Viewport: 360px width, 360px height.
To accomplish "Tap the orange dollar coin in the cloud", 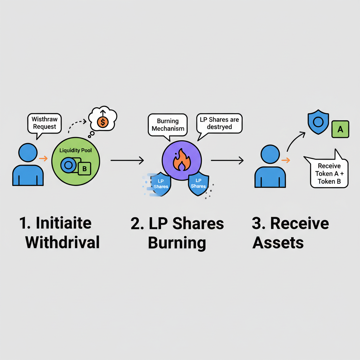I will click(102, 122).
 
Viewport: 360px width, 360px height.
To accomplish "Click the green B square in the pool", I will click(84, 169).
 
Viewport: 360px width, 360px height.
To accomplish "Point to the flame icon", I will click(181, 160).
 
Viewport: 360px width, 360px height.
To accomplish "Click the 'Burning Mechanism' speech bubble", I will click(168, 124).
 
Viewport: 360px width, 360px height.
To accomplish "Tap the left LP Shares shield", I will click(161, 184).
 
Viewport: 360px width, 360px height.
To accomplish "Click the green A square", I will click(340, 129).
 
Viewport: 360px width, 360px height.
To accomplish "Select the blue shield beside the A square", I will click(318, 122).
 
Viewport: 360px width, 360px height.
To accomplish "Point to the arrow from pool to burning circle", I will click(127, 160).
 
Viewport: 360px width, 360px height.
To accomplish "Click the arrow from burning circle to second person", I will click(227, 161).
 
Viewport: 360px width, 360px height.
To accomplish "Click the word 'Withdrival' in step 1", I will click(63, 242).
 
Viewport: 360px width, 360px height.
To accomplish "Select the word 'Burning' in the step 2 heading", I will click(177, 243).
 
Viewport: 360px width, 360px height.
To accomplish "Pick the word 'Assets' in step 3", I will click(278, 242).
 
